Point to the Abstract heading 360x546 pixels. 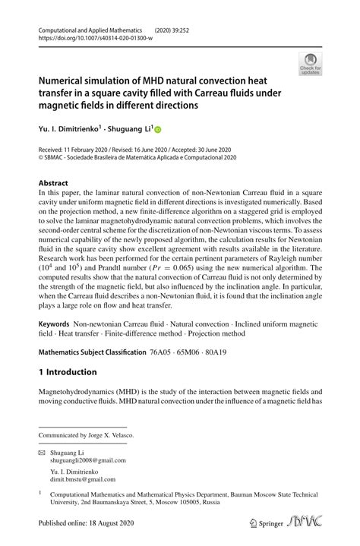54,184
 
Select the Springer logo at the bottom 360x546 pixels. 266,525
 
